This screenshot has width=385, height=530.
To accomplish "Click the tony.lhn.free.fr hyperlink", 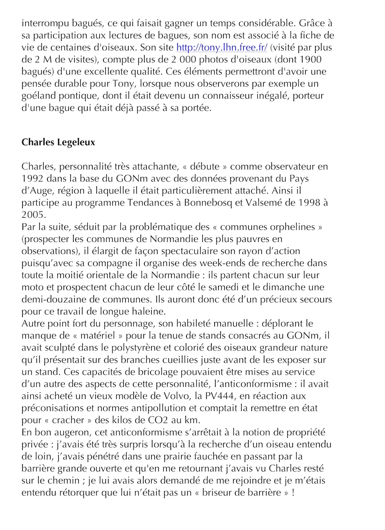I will point(222,47).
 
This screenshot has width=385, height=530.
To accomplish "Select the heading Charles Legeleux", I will point(58,142).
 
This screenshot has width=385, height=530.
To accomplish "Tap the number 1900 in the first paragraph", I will point(309,59).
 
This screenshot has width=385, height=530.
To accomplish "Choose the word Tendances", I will point(150,203).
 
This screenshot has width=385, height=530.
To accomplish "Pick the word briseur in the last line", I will point(219,493).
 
